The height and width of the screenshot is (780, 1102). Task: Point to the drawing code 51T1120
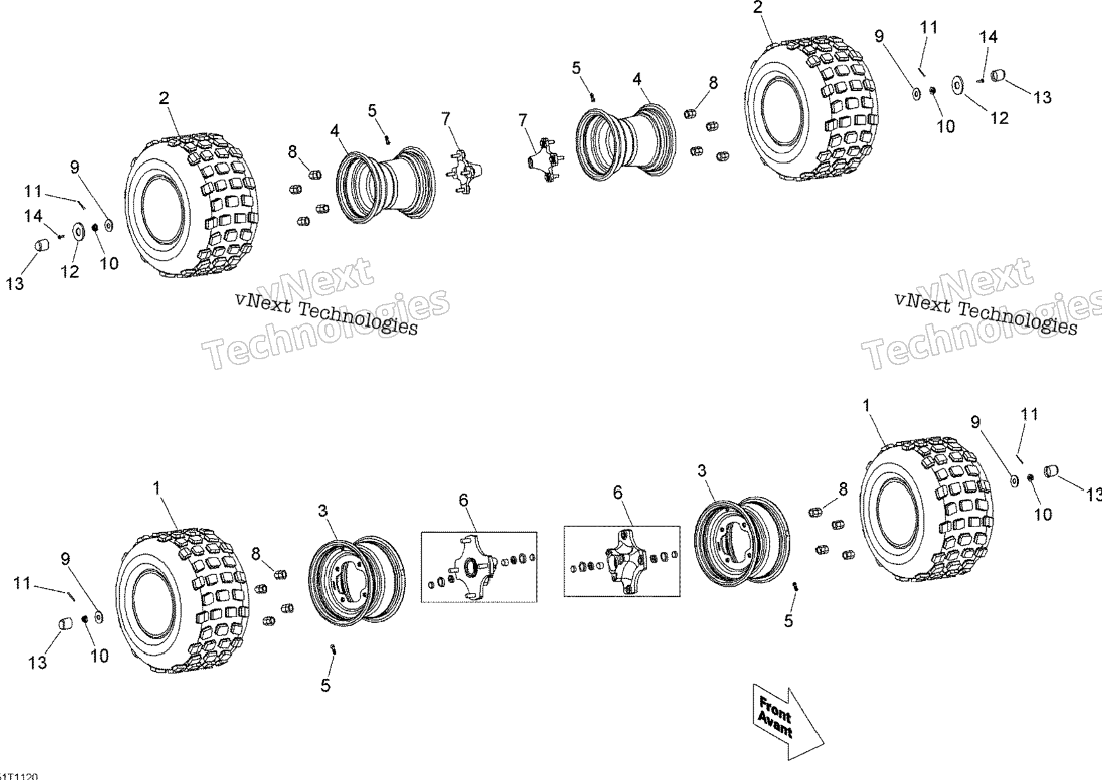click(x=19, y=776)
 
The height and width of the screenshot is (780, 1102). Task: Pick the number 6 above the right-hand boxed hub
click(x=617, y=492)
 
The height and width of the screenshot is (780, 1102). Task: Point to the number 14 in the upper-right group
click(x=989, y=37)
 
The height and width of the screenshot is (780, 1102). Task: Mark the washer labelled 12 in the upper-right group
click(x=957, y=84)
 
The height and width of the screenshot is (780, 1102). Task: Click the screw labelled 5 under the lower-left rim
click(x=332, y=648)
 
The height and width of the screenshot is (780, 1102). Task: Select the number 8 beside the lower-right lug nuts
click(x=843, y=489)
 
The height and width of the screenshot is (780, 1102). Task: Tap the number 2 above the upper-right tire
click(x=758, y=8)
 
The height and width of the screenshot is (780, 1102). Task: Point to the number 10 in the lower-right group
click(x=1042, y=514)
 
